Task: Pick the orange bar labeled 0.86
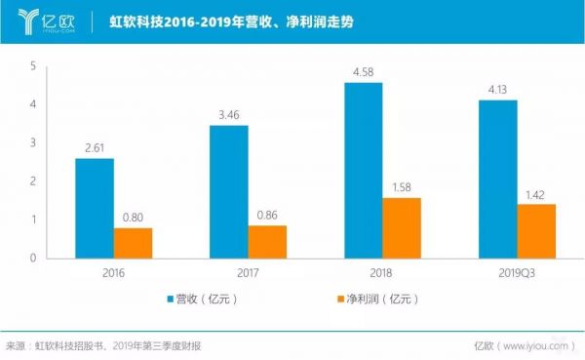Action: pos(267,241)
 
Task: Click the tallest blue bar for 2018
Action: pos(363,170)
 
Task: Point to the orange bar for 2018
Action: pos(402,227)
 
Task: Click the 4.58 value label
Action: pos(363,70)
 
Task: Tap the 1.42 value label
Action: pos(536,194)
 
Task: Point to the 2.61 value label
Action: pos(95,146)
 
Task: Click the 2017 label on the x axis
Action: pos(248,274)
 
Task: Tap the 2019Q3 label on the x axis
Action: pos(517,274)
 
